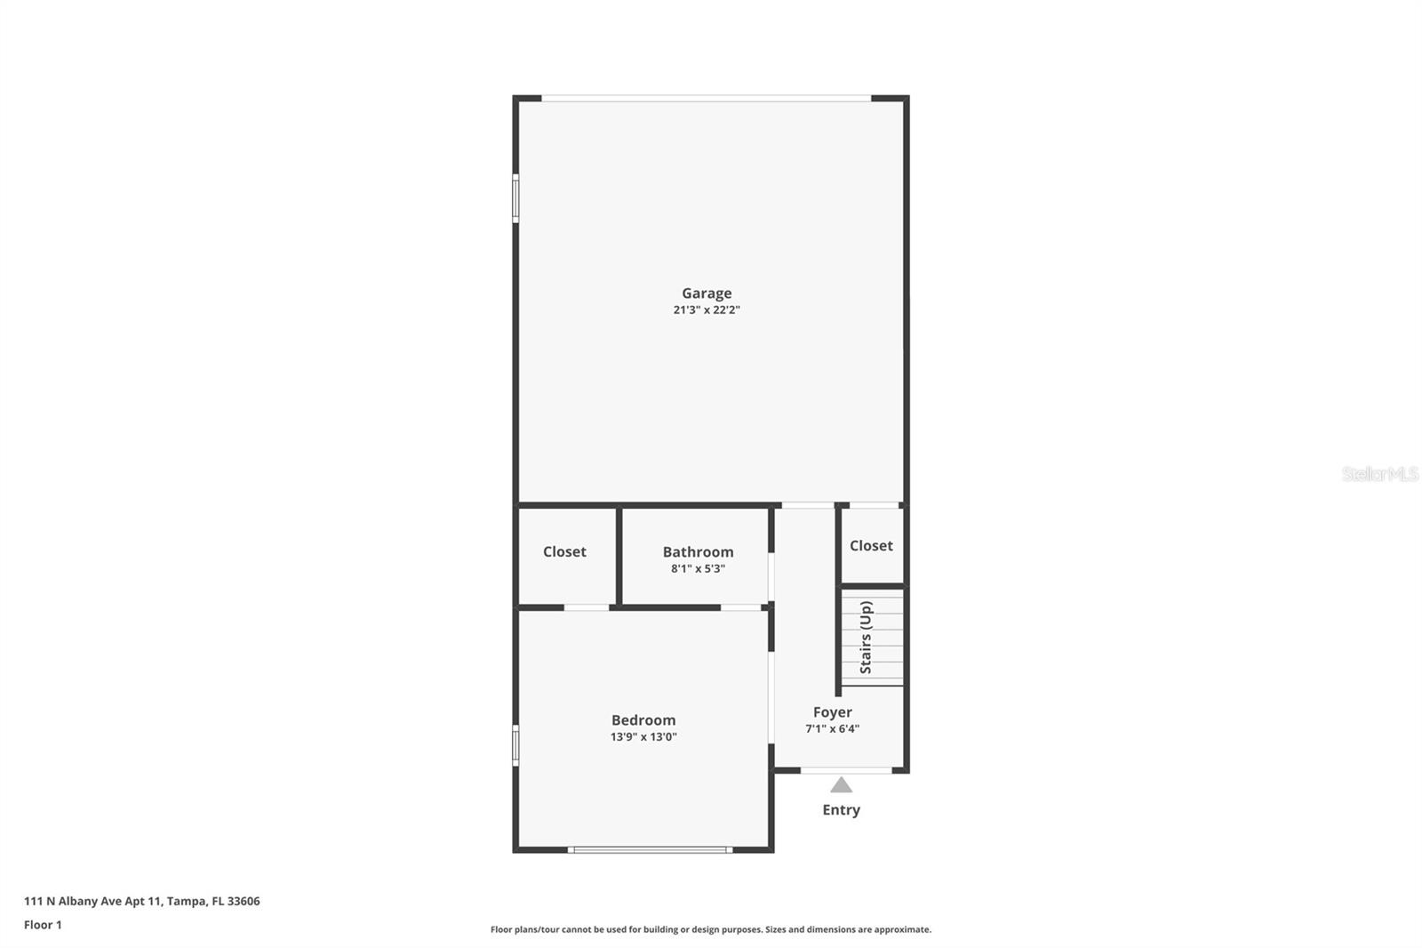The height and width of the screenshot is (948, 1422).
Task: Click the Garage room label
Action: coord(707,293)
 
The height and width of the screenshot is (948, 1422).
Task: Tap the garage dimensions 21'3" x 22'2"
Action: coord(707,310)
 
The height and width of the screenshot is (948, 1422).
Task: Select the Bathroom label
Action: coord(698,551)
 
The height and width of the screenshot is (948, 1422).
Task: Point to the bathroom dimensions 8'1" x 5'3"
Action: coord(698,569)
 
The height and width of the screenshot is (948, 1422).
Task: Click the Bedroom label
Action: coord(643,720)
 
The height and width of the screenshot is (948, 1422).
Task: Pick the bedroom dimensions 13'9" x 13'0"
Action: coord(643,737)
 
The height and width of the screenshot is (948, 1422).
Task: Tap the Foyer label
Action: coord(832,712)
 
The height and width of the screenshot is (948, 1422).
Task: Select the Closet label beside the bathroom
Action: coord(564,551)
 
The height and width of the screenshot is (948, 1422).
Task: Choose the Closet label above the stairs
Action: coord(871,545)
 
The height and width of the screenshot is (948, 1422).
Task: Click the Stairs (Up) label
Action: coord(866,637)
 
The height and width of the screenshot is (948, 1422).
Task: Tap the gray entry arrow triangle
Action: coord(841,785)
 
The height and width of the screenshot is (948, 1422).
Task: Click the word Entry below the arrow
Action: coord(841,810)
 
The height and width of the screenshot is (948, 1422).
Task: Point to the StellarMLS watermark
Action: coord(1379,474)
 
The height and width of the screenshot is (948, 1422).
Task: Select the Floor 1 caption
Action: coord(43,925)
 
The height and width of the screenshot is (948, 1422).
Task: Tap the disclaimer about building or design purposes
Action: coord(711,929)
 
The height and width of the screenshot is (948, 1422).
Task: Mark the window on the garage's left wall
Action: coord(515,197)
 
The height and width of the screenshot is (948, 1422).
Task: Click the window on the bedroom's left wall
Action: coord(515,745)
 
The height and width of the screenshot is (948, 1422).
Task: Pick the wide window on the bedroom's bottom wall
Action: coord(651,850)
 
